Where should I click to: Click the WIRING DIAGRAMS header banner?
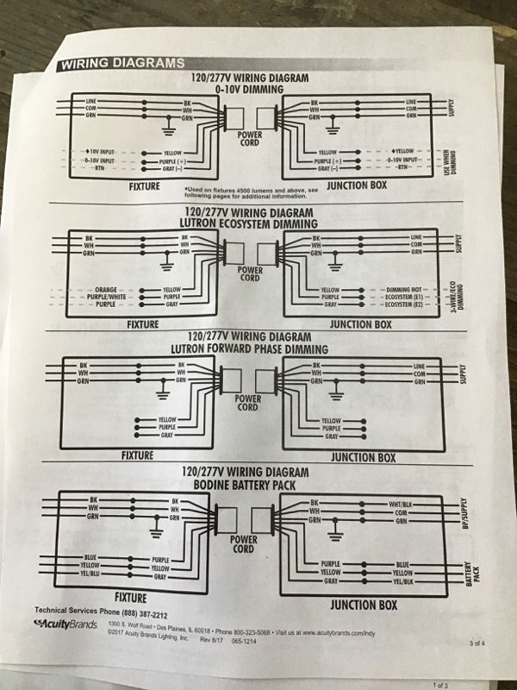pos(121,63)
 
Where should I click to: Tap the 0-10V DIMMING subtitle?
pos(249,89)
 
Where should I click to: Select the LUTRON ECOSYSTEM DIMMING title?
pos(249,223)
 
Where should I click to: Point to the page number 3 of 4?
pos(478,643)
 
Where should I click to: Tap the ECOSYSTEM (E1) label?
pos(405,298)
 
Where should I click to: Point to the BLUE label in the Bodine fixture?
pos(91,558)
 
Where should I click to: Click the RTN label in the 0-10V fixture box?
pos(102,169)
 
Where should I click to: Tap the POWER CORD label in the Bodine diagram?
pos(243,543)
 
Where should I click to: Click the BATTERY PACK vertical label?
pos(470,570)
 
